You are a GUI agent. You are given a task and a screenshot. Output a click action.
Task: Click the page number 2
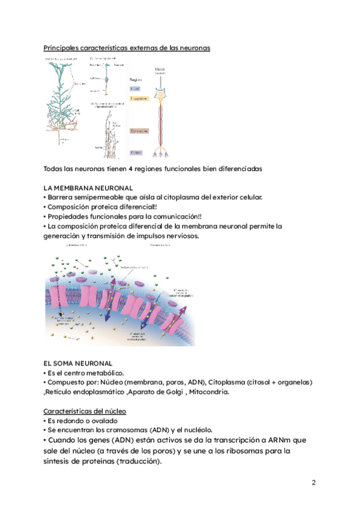click(313, 483)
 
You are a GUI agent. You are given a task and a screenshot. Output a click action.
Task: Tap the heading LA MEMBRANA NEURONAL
click(89, 188)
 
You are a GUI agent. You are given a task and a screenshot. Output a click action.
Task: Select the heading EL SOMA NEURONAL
click(78, 363)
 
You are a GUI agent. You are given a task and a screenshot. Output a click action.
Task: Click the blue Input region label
click(137, 88)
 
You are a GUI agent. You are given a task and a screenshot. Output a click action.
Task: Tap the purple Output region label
click(137, 153)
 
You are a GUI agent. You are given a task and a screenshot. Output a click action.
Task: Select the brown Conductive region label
click(140, 129)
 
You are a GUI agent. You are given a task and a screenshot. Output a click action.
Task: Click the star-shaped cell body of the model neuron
click(160, 94)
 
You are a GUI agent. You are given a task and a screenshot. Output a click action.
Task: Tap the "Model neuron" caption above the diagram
click(160, 72)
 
